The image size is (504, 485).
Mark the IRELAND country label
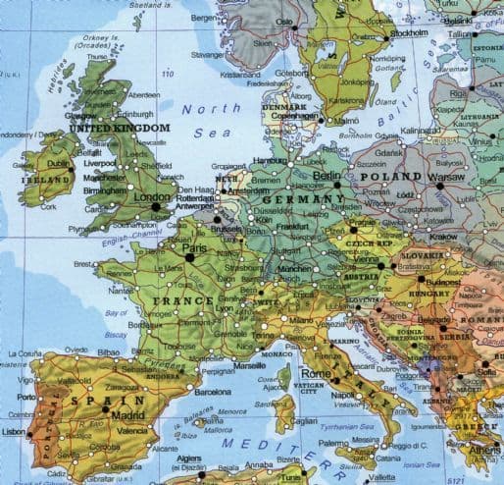point(47,180)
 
